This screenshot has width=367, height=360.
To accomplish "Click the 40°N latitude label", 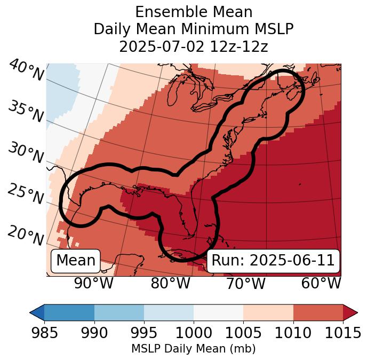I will point(26,71).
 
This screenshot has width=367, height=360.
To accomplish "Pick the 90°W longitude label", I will point(94,284).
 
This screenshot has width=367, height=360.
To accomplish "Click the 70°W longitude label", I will point(246,284).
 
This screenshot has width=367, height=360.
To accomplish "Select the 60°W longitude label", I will point(321,284).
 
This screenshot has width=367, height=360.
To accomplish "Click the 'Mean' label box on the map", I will point(76,261).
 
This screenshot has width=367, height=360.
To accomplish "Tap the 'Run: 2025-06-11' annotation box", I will point(273,261).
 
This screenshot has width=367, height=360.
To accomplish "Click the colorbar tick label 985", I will point(44,333).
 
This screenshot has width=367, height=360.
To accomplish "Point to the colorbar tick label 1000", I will point(194,333).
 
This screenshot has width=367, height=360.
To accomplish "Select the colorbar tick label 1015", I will point(343,333).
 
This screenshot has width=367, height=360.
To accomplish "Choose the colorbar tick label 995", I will point(144,333).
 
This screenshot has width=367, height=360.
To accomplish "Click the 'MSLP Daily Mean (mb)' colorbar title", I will point(193,349).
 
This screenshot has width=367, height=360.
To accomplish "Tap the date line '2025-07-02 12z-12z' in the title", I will point(194,46).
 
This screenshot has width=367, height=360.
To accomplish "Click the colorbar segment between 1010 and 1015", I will point(318,312).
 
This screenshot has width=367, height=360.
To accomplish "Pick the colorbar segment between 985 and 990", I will point(69,312).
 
